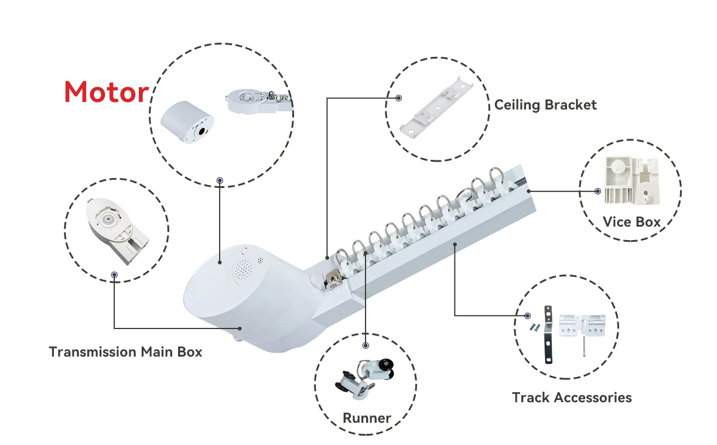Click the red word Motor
pyautogui.click(x=106, y=93)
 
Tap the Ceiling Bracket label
pyautogui.click(x=545, y=105)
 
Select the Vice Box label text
pyautogui.click(x=631, y=222)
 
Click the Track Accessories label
pyautogui.click(x=572, y=398)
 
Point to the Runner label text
pyautogui.click(x=367, y=418)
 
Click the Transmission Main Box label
pyautogui.click(x=125, y=352)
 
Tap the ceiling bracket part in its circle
pyautogui.click(x=437, y=108)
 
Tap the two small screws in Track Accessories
pyautogui.click(x=533, y=327)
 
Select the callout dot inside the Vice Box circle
pyautogui.click(x=597, y=191)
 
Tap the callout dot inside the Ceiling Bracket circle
pyautogui.click(x=399, y=98)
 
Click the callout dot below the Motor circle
pyautogui.click(x=220, y=180)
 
